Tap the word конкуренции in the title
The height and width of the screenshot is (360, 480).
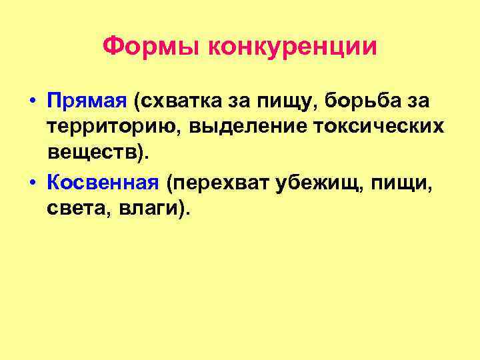coord(293,47)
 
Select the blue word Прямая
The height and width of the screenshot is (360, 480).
coord(87,103)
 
